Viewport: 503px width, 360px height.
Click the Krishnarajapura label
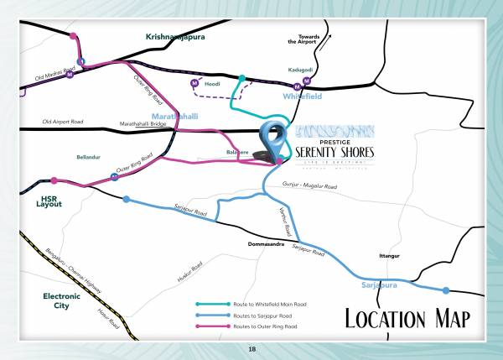click(174, 37)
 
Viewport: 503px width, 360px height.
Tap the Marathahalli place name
click(174, 115)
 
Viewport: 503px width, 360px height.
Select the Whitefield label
click(303, 97)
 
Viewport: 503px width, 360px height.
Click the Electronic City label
click(61, 301)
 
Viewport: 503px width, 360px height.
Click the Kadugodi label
click(299, 70)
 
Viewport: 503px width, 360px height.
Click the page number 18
click(251, 348)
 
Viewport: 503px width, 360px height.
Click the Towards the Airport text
click(303, 39)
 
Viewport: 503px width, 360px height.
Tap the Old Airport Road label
click(64, 123)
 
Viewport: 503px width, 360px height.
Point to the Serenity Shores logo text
click(334, 150)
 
